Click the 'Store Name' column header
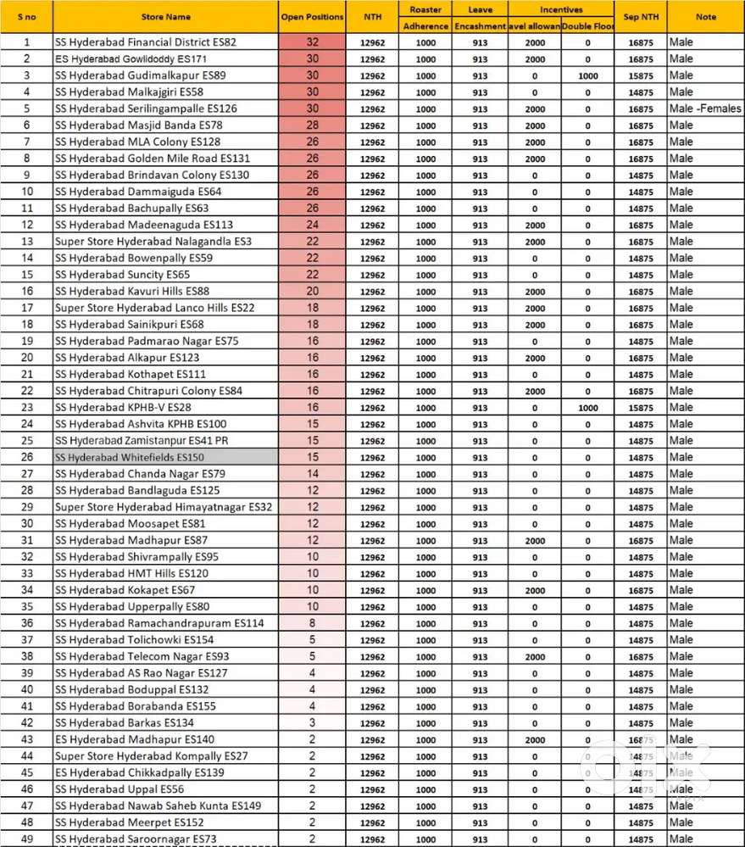(x=165, y=17)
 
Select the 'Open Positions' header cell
(x=312, y=17)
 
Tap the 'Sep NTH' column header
(x=642, y=17)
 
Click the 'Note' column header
(x=705, y=17)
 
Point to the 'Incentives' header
(x=561, y=9)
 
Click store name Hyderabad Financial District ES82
(x=146, y=42)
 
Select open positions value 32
(x=312, y=42)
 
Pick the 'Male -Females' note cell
(x=704, y=109)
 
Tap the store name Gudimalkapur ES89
(x=140, y=75)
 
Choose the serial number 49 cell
(x=26, y=839)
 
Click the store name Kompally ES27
(x=151, y=755)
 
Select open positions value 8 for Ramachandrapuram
(x=312, y=623)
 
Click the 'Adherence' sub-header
(x=426, y=26)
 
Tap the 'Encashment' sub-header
(x=480, y=26)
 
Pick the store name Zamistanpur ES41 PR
(x=142, y=441)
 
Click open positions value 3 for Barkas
(x=312, y=723)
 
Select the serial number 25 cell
(x=26, y=441)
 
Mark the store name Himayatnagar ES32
(x=164, y=507)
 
